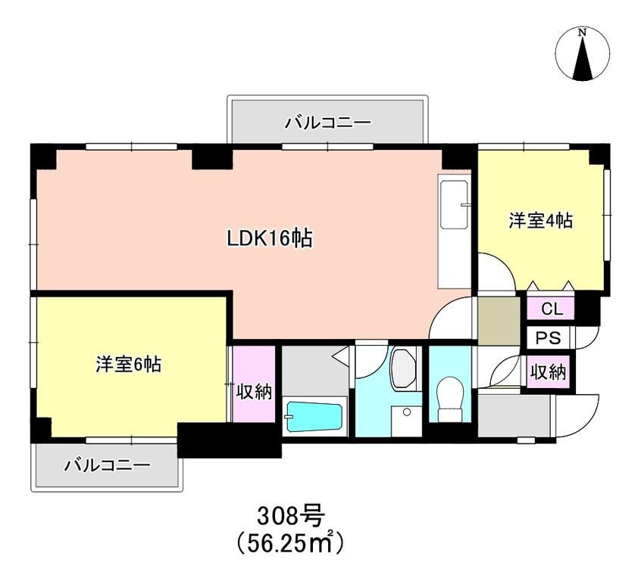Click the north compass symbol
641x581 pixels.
point(582,55)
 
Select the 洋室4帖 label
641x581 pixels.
point(539,221)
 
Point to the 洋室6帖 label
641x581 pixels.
point(127,364)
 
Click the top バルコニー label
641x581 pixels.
point(327,122)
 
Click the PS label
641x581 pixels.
point(550,337)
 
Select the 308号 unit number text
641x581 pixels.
point(291,517)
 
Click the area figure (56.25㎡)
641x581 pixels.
point(291,542)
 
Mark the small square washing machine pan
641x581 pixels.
point(407,418)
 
